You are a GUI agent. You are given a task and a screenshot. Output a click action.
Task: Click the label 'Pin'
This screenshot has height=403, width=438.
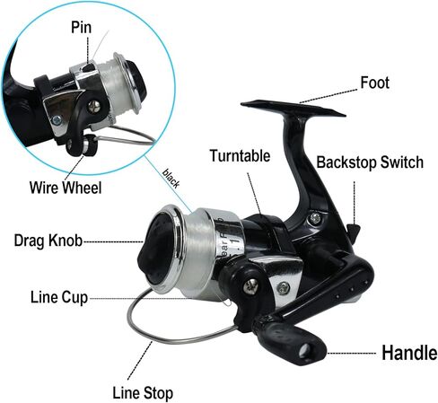tap(81, 27)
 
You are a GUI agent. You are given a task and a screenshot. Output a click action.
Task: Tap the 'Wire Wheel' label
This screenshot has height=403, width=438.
tap(66, 188)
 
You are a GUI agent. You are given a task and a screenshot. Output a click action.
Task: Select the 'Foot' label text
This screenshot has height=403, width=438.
tap(375, 83)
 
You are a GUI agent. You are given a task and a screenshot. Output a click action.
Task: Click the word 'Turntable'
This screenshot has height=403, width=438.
tap(240, 155)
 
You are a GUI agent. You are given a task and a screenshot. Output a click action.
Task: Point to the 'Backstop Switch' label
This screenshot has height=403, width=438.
tap(370, 162)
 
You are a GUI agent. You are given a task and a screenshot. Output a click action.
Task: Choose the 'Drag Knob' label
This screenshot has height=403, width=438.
tap(48, 241)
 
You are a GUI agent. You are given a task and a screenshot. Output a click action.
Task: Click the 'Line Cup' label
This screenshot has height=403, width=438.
tap(59, 297)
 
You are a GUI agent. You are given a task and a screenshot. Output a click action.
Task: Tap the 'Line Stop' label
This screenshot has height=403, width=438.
tap(143, 393)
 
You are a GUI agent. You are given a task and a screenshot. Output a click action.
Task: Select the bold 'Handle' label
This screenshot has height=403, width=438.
tap(409, 353)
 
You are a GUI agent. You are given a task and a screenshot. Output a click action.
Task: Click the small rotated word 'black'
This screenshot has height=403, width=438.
tap(171, 179)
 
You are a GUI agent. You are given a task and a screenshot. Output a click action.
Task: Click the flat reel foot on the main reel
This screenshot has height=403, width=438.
tap(293, 110)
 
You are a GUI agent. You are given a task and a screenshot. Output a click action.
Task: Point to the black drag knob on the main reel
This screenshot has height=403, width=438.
tap(155, 249)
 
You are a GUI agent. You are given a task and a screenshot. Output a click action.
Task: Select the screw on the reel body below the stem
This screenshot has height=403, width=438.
tap(315, 219)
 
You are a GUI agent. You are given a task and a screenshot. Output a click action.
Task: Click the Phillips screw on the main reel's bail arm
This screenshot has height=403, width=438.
tap(250, 286)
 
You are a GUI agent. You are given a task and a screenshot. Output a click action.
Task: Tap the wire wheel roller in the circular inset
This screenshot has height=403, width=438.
tap(89, 145)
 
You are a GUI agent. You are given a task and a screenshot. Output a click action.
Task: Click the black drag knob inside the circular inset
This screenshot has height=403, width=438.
tap(138, 80)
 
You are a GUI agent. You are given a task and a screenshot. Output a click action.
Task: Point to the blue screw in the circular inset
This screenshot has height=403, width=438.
tap(57, 120)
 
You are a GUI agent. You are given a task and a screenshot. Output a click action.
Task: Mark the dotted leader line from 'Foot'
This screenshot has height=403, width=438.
tap(328, 96)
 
